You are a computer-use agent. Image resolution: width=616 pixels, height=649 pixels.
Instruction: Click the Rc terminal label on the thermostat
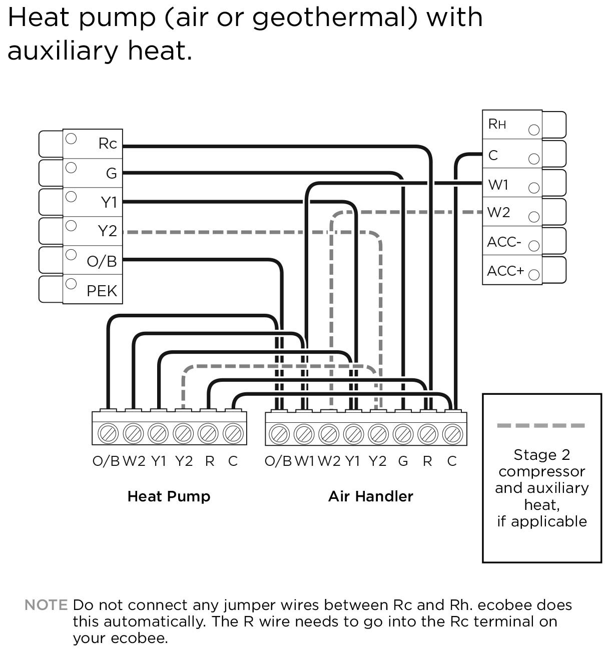click(x=108, y=144)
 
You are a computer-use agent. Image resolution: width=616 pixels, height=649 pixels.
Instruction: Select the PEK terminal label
click(x=102, y=291)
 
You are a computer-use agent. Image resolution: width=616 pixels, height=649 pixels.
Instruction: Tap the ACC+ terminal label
click(x=505, y=271)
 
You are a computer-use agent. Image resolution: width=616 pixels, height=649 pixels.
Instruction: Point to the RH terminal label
click(x=497, y=124)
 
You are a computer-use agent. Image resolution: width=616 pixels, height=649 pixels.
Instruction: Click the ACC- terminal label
click(x=504, y=242)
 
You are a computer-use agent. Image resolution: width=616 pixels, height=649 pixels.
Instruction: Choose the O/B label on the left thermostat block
click(x=102, y=261)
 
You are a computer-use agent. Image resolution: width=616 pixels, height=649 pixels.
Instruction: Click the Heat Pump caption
click(x=169, y=496)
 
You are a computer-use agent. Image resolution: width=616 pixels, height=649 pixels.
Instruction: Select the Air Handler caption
click(x=370, y=496)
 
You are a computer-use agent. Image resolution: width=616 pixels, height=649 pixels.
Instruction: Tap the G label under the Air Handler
click(x=403, y=461)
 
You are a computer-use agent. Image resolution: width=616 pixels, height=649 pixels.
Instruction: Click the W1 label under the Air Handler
click(x=304, y=461)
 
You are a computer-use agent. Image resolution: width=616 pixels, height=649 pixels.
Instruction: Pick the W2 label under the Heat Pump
click(x=134, y=461)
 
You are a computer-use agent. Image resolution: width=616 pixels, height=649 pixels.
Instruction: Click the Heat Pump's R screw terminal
click(x=208, y=432)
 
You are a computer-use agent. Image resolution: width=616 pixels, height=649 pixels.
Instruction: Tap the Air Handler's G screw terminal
click(x=403, y=433)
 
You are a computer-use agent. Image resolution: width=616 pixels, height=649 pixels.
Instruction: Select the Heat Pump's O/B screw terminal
click(x=109, y=432)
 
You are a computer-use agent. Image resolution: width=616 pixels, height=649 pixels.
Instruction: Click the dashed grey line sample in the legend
click(x=541, y=426)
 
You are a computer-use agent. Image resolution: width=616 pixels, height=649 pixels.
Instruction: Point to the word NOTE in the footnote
click(x=46, y=605)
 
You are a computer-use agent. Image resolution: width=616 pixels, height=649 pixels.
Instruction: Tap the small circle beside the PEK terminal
click(x=71, y=284)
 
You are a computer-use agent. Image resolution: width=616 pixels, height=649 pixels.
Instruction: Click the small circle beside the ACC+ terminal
click(x=534, y=275)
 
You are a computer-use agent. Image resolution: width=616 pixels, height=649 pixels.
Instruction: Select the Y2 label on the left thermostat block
click(x=107, y=231)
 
